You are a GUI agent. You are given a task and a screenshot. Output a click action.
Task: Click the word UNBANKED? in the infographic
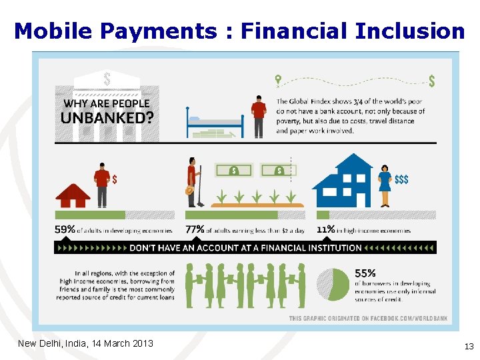[x=107, y=119]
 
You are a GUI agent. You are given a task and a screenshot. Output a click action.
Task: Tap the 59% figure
[x=65, y=230]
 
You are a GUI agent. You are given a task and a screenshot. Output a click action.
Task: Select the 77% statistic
[x=195, y=230]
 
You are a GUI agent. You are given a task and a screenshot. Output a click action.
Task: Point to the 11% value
[x=325, y=230]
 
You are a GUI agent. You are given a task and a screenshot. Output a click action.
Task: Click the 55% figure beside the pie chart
[x=365, y=273]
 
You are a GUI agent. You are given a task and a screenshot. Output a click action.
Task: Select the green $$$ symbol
[x=401, y=180]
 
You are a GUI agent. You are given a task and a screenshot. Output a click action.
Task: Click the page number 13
[x=469, y=346]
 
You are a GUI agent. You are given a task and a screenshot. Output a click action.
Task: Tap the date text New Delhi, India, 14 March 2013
[x=85, y=343]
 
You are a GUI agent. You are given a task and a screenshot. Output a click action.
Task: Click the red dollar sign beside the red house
[x=115, y=179]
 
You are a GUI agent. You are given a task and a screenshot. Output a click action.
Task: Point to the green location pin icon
[x=278, y=79]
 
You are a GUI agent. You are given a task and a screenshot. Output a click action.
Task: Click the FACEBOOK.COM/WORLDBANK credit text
[x=398, y=319]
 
